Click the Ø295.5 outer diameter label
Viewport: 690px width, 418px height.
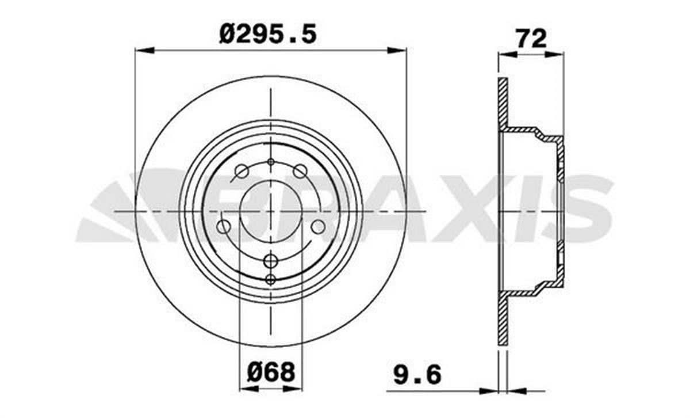(x=268, y=35)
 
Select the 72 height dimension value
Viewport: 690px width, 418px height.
(x=530, y=39)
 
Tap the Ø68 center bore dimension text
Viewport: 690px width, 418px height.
(x=271, y=372)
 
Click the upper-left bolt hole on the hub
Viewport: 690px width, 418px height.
(x=241, y=171)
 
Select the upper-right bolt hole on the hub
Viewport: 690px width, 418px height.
(x=300, y=171)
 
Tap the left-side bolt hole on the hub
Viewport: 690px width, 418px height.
(x=224, y=227)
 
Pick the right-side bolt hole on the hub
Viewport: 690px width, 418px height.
(x=318, y=227)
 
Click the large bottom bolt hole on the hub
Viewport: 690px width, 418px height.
(x=271, y=261)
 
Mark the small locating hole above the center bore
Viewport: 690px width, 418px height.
(x=271, y=162)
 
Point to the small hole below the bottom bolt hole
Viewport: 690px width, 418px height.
(x=271, y=280)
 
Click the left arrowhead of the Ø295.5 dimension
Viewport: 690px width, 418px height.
(x=144, y=51)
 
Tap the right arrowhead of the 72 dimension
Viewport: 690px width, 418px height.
(x=555, y=55)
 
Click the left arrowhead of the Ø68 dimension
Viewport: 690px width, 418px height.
(x=247, y=389)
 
